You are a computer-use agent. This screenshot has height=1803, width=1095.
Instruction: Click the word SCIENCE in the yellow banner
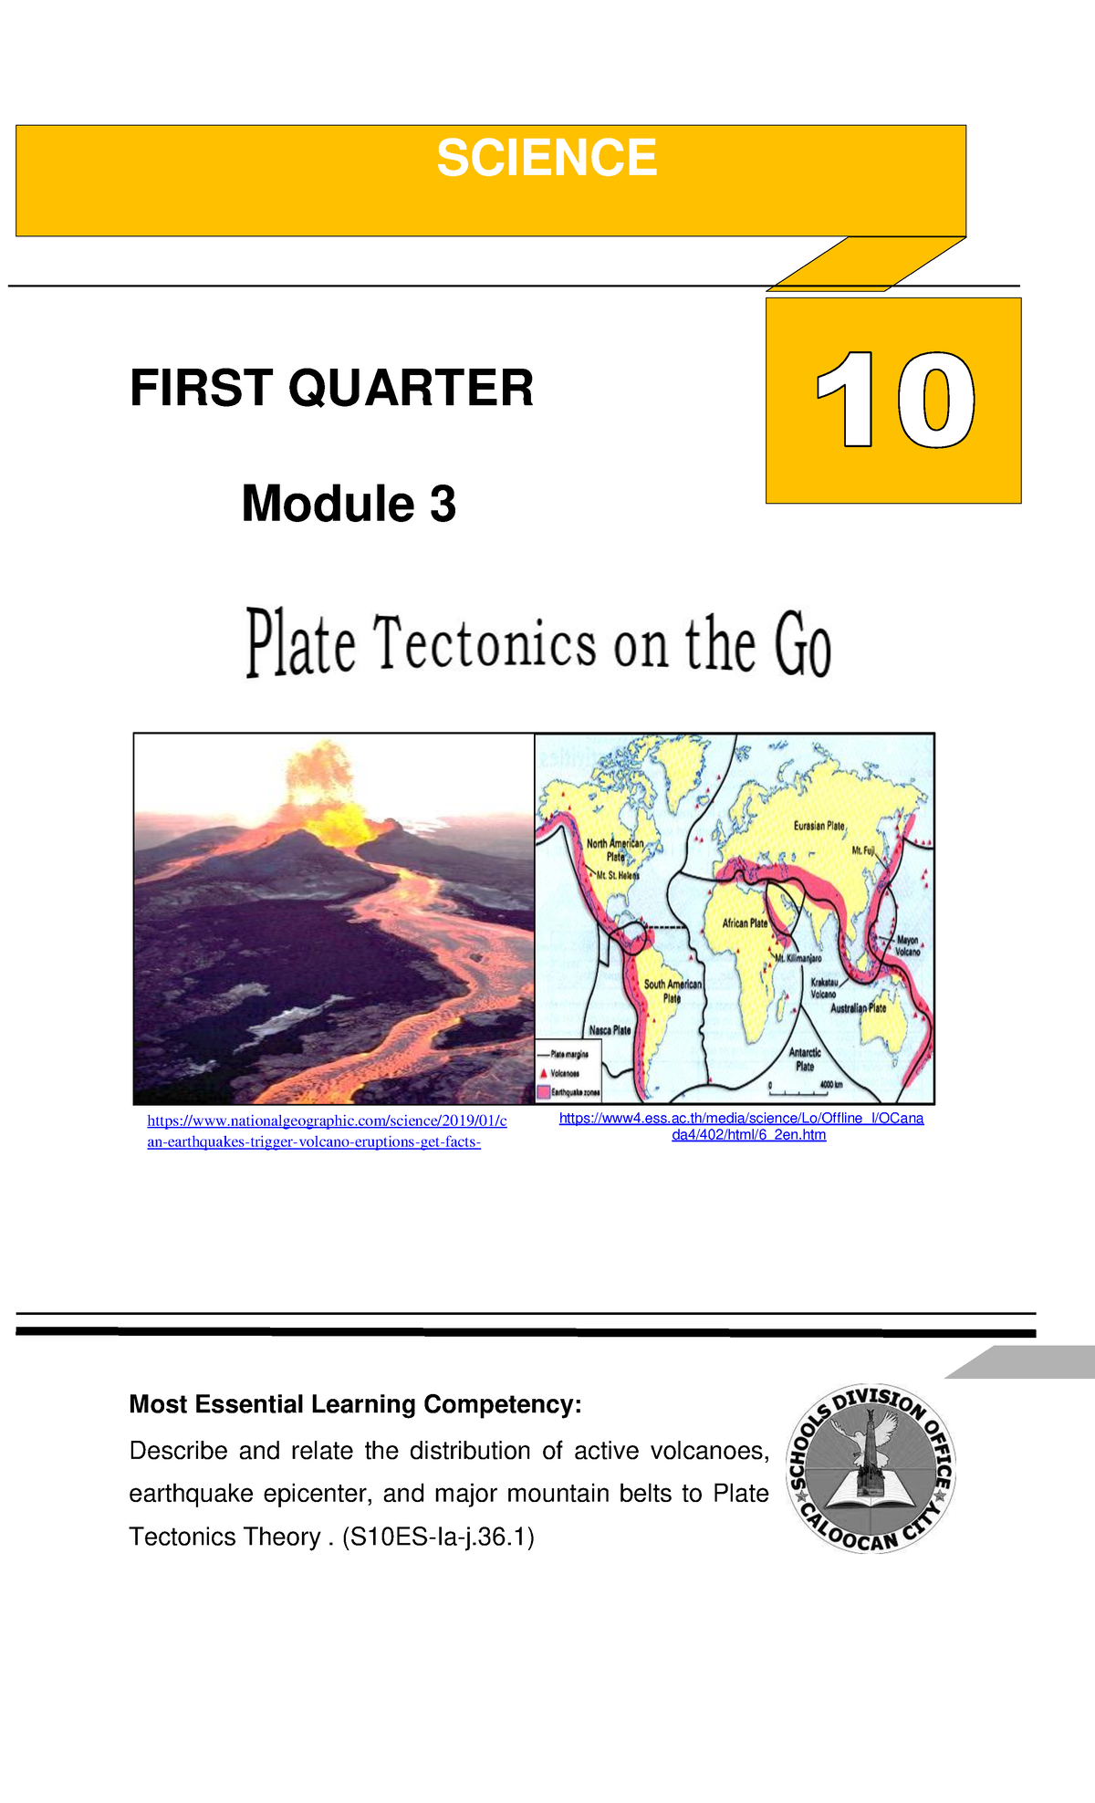547,159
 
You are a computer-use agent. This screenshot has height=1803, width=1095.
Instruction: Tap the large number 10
894,401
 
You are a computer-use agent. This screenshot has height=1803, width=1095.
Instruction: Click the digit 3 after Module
443,504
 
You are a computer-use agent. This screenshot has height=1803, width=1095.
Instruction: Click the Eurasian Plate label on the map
819,826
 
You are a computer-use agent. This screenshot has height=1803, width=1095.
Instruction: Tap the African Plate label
745,922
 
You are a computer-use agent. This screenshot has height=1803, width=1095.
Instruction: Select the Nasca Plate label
610,1030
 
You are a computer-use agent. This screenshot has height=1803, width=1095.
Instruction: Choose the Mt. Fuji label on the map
863,850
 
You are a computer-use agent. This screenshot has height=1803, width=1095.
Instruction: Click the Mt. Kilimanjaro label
799,958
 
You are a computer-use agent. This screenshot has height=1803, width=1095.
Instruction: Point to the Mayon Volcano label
907,945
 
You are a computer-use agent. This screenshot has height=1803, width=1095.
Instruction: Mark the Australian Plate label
858,1008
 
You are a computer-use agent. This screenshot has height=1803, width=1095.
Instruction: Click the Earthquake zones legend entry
574,1092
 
